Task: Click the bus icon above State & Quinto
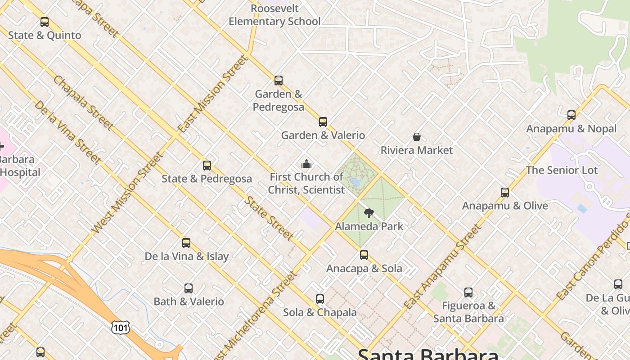(44, 22)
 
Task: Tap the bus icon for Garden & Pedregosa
(279, 81)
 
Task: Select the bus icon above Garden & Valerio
(323, 122)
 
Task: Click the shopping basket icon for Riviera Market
(417, 137)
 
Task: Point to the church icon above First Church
(306, 164)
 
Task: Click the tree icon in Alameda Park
(369, 213)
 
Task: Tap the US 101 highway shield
(121, 327)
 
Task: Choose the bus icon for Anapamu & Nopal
(571, 115)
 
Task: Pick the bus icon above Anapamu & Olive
(505, 193)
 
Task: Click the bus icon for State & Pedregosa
(207, 166)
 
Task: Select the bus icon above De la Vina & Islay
(186, 243)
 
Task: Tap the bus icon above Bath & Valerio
(189, 288)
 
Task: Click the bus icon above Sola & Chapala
(320, 299)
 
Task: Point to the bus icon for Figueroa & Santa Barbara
(468, 292)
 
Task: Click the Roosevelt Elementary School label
(274, 15)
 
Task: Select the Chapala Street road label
(83, 103)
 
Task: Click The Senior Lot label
(562, 170)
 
